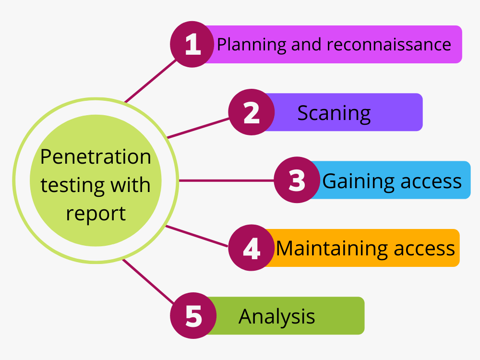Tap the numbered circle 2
click(x=251, y=112)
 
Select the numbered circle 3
click(x=297, y=180)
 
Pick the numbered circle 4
click(x=251, y=248)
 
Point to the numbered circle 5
click(x=193, y=316)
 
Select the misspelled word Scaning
click(x=334, y=113)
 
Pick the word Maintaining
click(x=331, y=249)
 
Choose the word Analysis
click(x=276, y=316)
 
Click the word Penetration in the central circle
click(x=96, y=157)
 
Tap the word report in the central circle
click(x=96, y=213)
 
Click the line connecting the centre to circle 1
click(x=149, y=81)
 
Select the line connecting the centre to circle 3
click(x=226, y=180)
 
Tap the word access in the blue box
click(x=431, y=181)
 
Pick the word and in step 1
click(x=306, y=45)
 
